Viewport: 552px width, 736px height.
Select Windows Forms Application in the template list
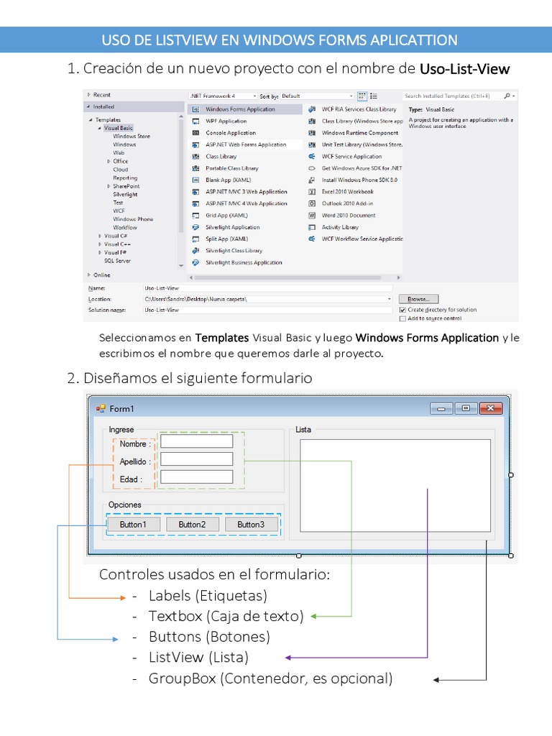240,109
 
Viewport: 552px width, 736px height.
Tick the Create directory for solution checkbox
402,310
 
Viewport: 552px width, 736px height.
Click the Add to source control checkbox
402,318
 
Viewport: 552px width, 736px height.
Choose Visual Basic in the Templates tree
118,128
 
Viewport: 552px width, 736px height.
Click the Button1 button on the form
133,525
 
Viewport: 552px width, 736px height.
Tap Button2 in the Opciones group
192,525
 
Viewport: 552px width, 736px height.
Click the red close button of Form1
491,408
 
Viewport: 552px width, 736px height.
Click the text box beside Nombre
196,441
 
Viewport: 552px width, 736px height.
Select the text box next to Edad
196,477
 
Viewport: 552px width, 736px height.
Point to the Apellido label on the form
135,461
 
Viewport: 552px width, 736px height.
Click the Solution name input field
266,310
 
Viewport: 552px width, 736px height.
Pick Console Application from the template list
230,133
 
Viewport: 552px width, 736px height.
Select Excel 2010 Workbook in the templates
347,192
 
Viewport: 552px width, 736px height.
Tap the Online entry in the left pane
102,275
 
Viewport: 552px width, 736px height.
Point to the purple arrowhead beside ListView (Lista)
288,657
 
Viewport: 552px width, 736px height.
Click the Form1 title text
121,409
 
